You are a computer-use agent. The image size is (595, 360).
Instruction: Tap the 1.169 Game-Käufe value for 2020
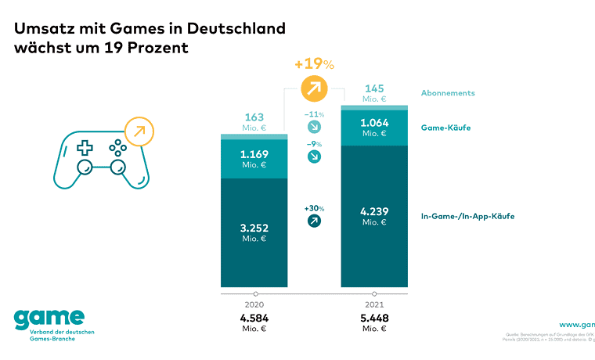click(x=255, y=155)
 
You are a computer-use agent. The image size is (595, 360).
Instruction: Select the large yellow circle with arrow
click(x=315, y=88)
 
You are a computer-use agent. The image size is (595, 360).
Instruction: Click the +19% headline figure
click(x=315, y=63)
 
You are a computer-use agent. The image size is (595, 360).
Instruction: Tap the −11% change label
click(x=315, y=115)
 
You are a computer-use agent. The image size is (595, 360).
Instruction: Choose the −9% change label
click(x=315, y=144)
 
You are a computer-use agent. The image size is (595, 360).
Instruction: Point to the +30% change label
click(x=315, y=208)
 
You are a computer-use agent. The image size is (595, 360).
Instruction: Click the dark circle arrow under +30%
click(x=315, y=221)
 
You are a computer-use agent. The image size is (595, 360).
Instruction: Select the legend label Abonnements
click(x=448, y=93)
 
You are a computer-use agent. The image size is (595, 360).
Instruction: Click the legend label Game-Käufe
click(x=445, y=128)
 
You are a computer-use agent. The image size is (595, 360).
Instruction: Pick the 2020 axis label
click(x=255, y=304)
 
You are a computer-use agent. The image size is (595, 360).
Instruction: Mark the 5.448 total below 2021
click(x=374, y=319)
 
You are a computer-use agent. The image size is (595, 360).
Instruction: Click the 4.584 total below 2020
click(x=255, y=319)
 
